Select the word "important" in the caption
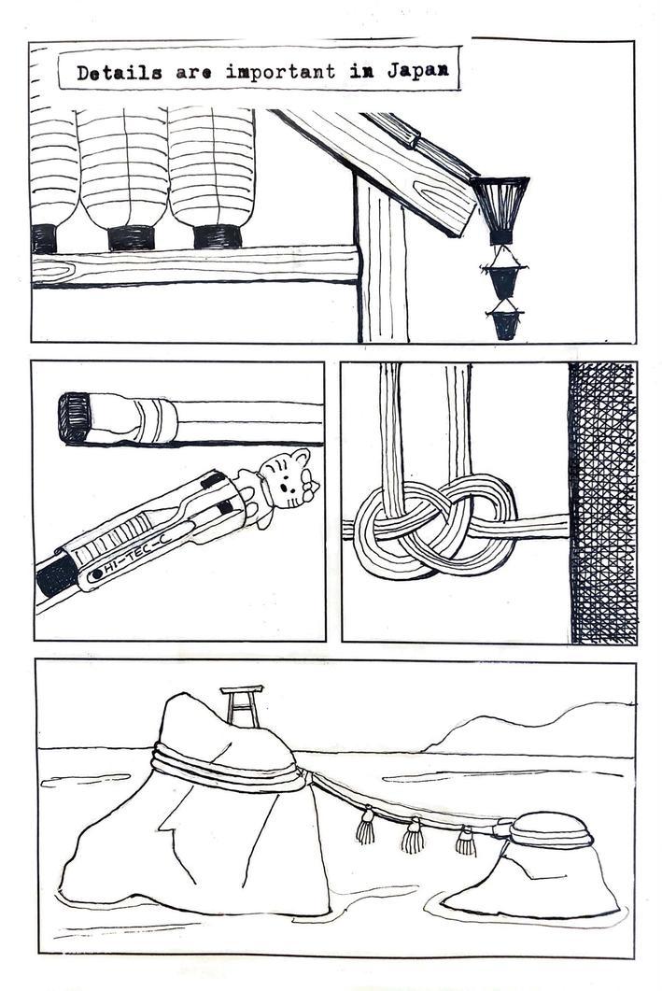(280, 71)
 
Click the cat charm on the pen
(282, 484)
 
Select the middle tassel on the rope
(413, 836)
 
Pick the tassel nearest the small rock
(466, 842)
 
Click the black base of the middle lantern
(132, 237)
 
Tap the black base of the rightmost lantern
(218, 236)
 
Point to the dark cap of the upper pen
(75, 418)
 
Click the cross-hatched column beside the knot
(602, 503)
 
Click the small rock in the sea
(536, 865)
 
